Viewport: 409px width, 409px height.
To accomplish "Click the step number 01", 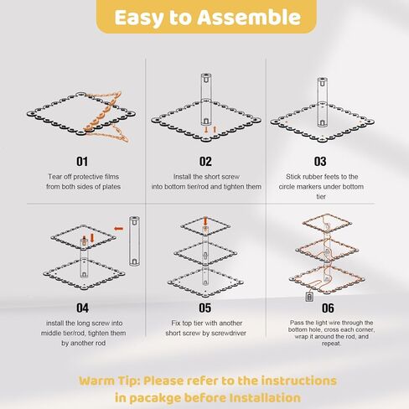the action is point(82,162).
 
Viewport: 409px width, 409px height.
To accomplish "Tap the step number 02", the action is point(205,162).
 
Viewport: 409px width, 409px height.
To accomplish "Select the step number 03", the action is point(320,162).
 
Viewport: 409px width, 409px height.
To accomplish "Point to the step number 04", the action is point(82,308).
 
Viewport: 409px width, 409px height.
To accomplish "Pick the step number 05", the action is point(204,308).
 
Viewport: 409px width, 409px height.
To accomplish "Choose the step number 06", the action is point(328,308).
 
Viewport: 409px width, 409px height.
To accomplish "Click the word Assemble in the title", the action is point(249,18).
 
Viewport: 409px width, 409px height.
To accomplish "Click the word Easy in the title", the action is point(139,18).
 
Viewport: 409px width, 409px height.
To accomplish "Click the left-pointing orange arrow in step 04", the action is point(119,229).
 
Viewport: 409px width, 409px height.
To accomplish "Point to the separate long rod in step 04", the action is point(134,241).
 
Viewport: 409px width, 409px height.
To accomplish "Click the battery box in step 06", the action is point(309,297).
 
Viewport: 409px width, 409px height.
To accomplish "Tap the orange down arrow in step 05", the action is point(205,221).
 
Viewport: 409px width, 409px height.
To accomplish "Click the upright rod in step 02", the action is point(206,100).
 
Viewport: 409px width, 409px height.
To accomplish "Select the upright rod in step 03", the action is point(322,102).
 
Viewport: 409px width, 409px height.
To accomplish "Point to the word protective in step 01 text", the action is point(88,177).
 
